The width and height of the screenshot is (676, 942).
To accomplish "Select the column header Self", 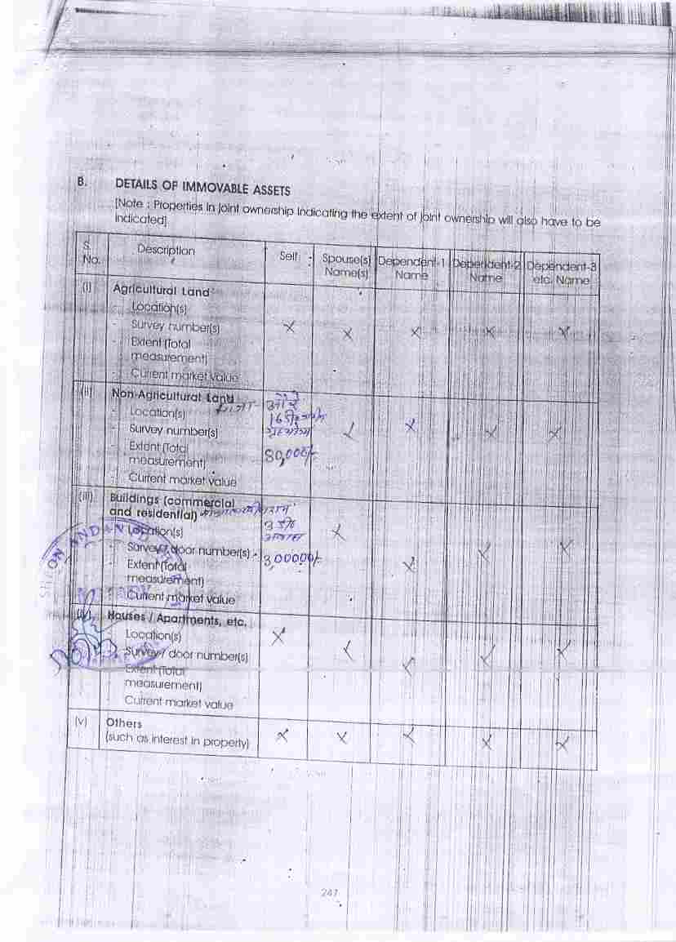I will (x=288, y=256).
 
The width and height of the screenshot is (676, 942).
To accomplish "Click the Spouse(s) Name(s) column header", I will (x=346, y=266).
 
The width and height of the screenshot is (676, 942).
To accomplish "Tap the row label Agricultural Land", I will (x=161, y=290).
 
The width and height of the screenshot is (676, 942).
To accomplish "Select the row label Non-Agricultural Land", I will (x=172, y=395).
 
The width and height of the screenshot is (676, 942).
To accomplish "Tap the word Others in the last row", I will (x=124, y=723).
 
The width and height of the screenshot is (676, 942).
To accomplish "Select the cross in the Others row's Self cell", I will (x=282, y=735).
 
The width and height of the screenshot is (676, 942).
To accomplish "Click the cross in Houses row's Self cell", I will (x=279, y=636).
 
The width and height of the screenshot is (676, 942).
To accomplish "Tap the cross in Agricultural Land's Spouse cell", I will (x=348, y=334).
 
